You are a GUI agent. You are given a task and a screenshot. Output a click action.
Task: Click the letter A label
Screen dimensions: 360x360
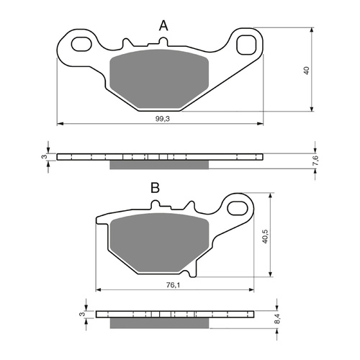pyautogui.click(x=163, y=26)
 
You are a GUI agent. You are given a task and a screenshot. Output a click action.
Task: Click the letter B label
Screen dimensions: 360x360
pyautogui.click(x=154, y=189)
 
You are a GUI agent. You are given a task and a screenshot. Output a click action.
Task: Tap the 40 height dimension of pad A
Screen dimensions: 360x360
pyautogui.click(x=306, y=70)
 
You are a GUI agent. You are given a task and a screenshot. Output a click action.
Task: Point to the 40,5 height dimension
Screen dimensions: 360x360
pyautogui.click(x=265, y=236)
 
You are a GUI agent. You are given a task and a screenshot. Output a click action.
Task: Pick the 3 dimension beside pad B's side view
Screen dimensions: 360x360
pyautogui.click(x=83, y=315)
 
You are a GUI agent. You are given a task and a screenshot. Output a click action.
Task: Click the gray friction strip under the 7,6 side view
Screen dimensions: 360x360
pyautogui.click(x=159, y=165)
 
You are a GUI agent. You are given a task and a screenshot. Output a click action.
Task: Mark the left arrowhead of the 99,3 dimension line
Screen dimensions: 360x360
pyautogui.click(x=59, y=124)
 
